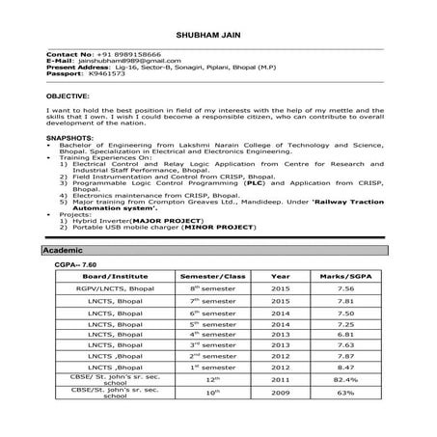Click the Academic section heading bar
tap(218, 251)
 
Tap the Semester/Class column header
tap(213, 276)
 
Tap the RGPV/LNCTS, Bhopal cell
tap(114, 287)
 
